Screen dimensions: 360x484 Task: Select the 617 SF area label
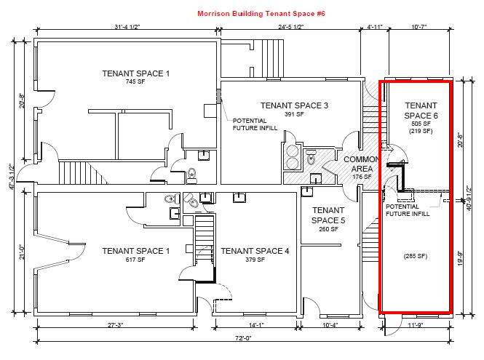click(x=135, y=260)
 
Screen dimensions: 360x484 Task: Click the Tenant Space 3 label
click(x=294, y=105)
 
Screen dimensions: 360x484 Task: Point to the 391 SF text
click(x=294, y=115)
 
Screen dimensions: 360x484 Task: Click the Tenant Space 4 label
click(x=255, y=251)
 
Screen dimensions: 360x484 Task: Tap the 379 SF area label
click(x=255, y=260)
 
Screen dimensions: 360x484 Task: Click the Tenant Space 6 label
click(x=421, y=111)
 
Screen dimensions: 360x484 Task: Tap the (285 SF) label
click(x=421, y=255)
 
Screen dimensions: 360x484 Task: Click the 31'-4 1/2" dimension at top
click(x=127, y=28)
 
